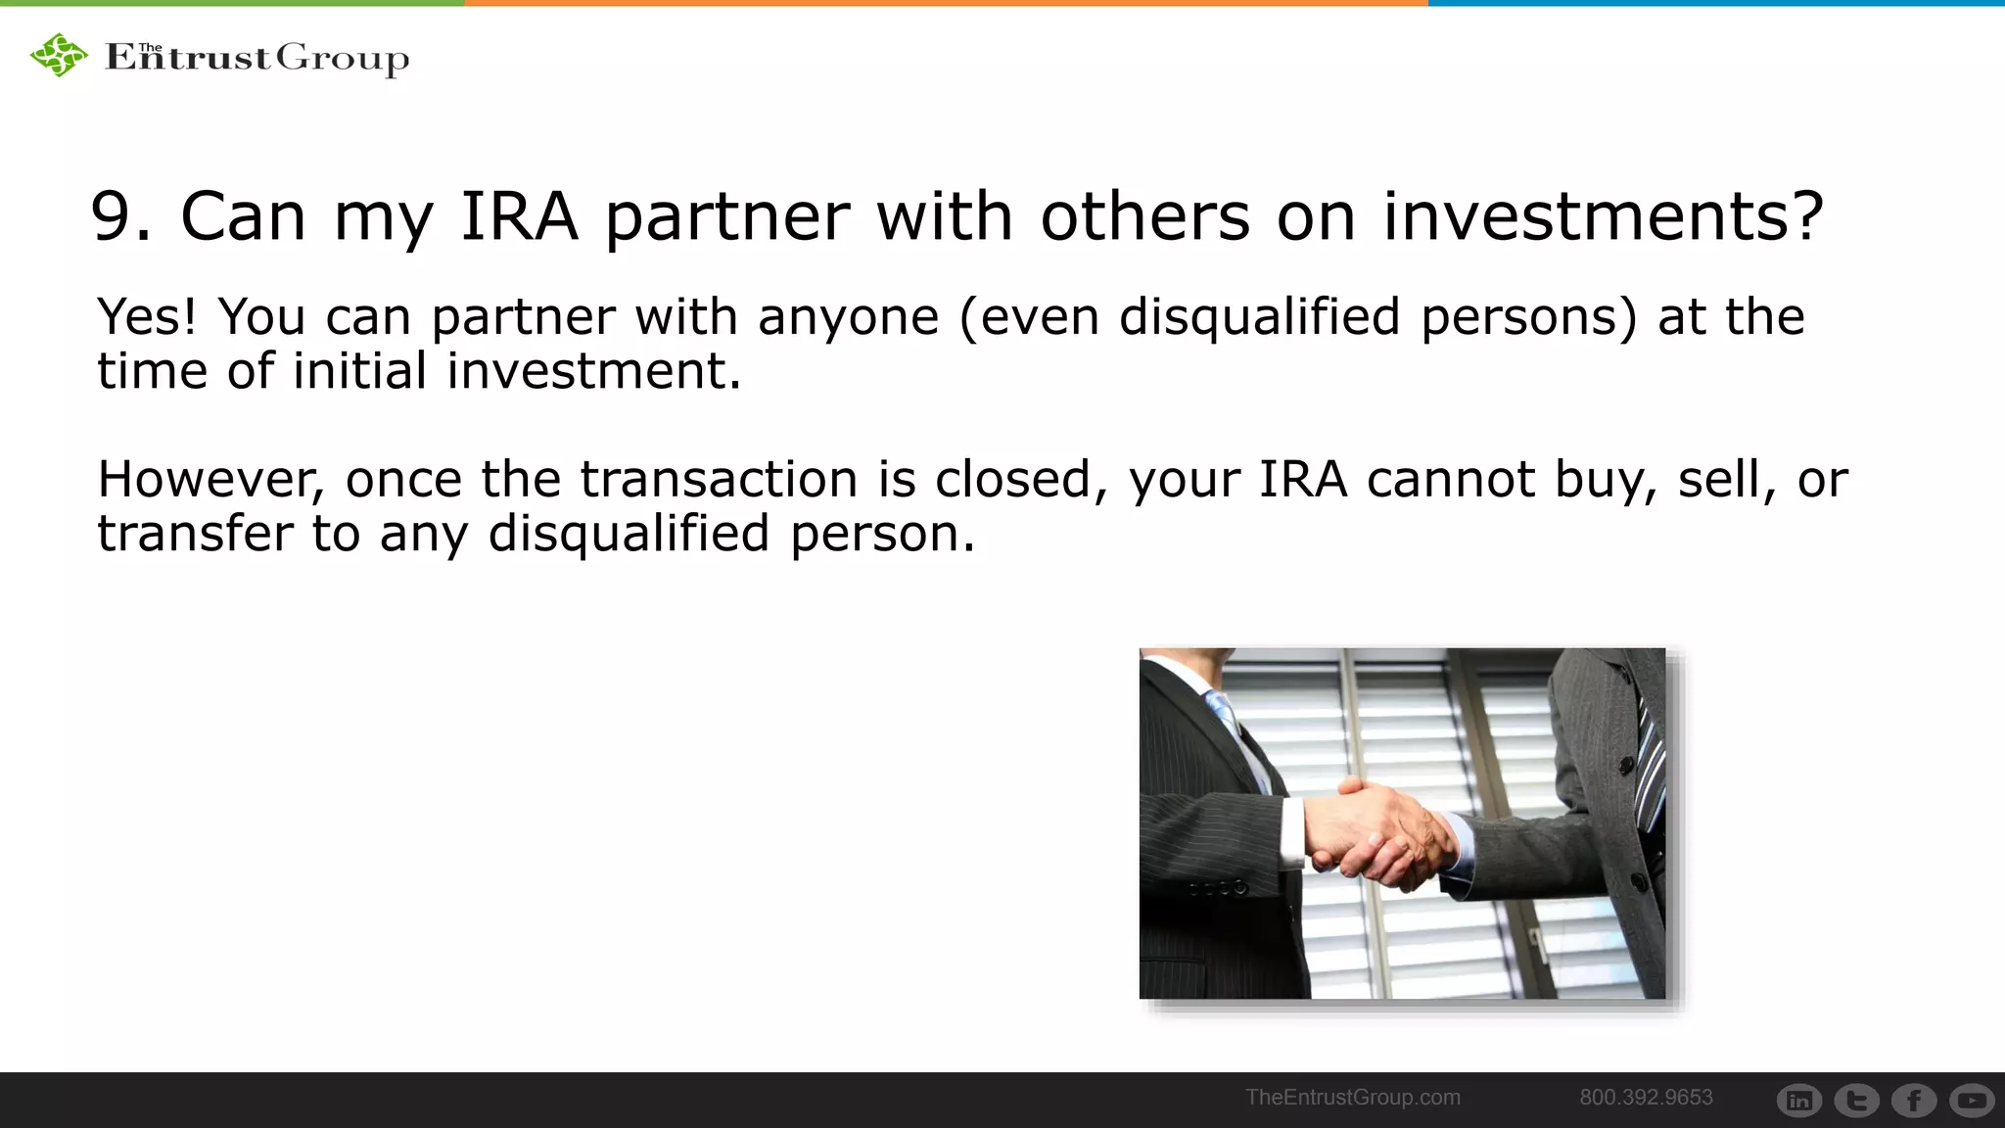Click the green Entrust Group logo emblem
[59, 55]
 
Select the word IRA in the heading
[519, 216]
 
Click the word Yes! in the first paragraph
[147, 316]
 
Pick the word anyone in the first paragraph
[848, 318]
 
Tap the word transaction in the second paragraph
[719, 480]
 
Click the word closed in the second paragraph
[1013, 480]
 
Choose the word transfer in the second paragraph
[195, 534]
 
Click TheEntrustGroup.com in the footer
[1352, 1098]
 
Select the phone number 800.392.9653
[1646, 1098]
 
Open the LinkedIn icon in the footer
[1799, 1101]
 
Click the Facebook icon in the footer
[1914, 1101]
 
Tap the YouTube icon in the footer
[1972, 1101]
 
